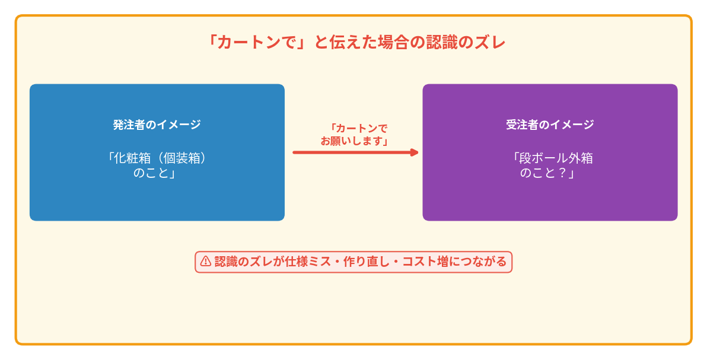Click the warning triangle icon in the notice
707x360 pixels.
[x=206, y=262]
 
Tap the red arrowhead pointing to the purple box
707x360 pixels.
[x=414, y=152]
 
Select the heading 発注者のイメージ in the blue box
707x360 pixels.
[x=157, y=125]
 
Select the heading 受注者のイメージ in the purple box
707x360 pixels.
[x=550, y=125]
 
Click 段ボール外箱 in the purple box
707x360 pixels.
[x=556, y=158]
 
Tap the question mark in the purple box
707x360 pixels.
[x=562, y=173]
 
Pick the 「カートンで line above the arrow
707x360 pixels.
[x=358, y=129]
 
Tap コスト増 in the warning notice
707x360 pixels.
[x=425, y=262]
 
